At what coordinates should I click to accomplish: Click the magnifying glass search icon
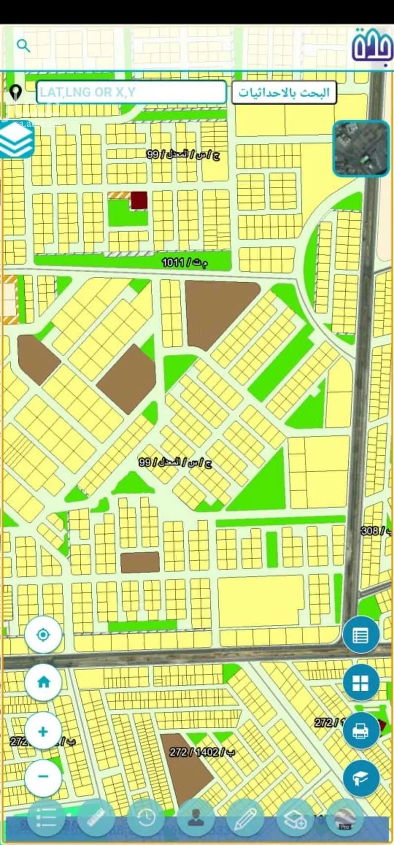coord(23,46)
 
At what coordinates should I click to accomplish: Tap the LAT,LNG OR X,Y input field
coord(131,92)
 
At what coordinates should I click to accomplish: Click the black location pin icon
coord(16,92)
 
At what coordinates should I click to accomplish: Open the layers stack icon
coord(17,139)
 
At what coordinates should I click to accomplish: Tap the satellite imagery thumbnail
coord(361,148)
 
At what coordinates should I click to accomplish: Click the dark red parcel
coord(139,200)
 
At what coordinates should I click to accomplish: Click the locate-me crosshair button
coord(43,634)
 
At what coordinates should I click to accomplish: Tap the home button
coord(43,682)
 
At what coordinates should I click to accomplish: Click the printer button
coord(361,731)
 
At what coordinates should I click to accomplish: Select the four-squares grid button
coord(361,683)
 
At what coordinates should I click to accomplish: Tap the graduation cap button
coord(361,778)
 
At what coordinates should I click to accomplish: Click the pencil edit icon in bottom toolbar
coord(245,818)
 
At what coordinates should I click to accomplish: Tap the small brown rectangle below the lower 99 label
coord(140,562)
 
